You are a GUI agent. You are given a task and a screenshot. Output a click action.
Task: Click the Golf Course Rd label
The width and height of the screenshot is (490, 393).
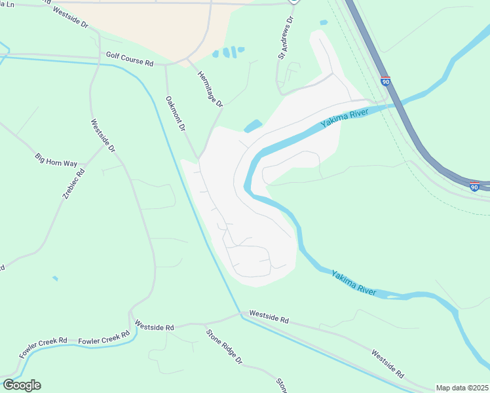[x=129, y=60]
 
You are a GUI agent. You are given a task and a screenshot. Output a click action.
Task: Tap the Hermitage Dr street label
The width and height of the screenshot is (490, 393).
[x=210, y=89]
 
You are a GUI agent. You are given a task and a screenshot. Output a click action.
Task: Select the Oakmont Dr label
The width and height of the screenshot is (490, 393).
[x=176, y=114]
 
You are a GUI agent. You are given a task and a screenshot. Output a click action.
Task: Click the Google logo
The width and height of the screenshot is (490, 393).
[x=22, y=385]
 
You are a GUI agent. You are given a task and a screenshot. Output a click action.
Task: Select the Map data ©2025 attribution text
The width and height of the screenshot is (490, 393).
[x=462, y=388]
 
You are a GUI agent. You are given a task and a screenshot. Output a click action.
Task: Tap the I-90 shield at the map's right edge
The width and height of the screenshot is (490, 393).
[x=475, y=187]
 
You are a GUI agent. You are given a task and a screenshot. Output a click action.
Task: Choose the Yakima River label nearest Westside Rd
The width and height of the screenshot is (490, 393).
[x=354, y=283]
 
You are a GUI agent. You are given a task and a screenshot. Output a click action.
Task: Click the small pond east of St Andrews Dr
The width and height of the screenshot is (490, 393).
[x=324, y=22]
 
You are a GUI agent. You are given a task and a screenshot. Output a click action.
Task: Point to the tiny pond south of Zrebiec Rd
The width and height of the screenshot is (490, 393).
[x=55, y=278]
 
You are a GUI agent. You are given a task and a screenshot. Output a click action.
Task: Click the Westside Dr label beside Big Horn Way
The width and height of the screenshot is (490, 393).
[x=104, y=136]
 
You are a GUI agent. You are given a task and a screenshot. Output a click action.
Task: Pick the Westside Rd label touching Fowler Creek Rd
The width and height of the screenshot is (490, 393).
[x=155, y=326]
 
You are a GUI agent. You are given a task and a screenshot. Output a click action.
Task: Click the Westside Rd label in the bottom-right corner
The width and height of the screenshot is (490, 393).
[x=387, y=364]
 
